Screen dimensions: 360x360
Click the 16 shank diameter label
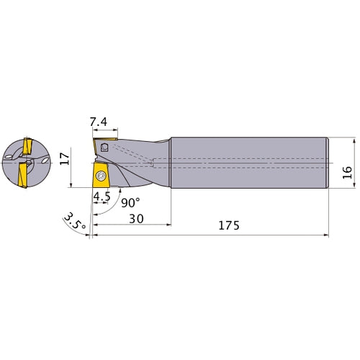pyautogui.click(x=347, y=171)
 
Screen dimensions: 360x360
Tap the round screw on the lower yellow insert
pyautogui.click(x=100, y=174)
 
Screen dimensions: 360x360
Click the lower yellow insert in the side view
pyautogui.click(x=99, y=177)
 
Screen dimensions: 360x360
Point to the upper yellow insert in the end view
pyautogui.click(x=27, y=148)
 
